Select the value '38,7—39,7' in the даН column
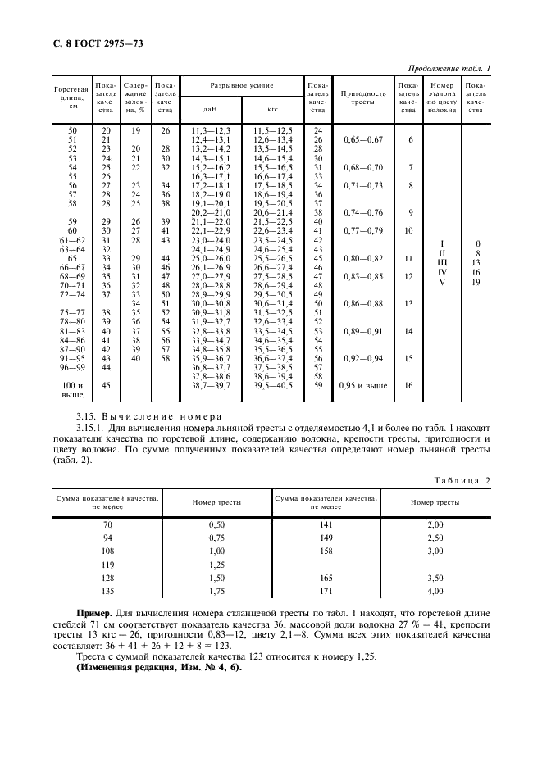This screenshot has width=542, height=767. pyautogui.click(x=211, y=384)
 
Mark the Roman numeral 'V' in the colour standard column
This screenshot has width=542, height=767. pyautogui.click(x=443, y=281)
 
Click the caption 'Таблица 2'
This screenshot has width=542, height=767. pyautogui.click(x=461, y=480)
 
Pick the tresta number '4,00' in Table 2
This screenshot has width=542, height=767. pyautogui.click(x=435, y=590)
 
